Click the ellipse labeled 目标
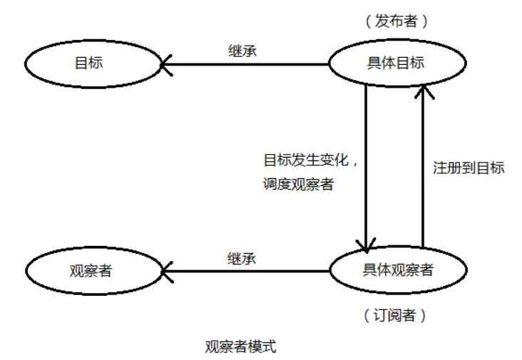pyautogui.click(x=92, y=63)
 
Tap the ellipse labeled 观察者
pyautogui.click(x=92, y=271)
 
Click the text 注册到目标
pyautogui.click(x=469, y=168)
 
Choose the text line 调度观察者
pyautogui.click(x=300, y=185)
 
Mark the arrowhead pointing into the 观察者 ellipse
pyautogui.click(x=166, y=271)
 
